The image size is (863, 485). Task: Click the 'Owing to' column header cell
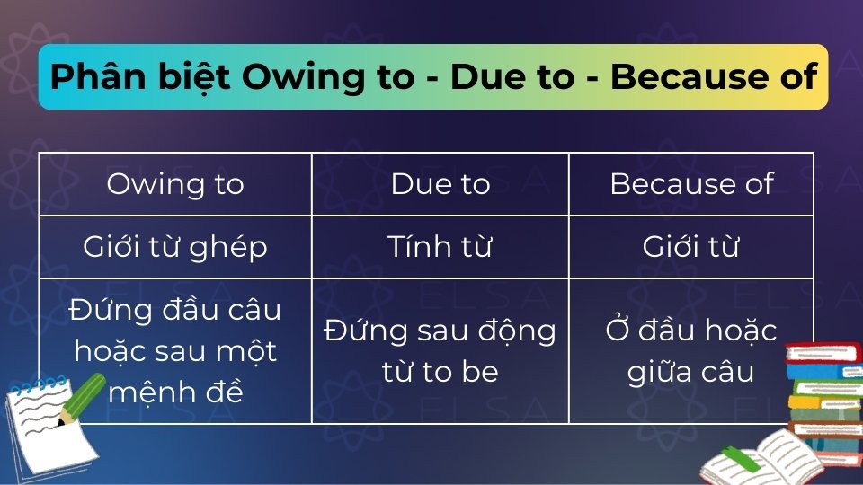175,184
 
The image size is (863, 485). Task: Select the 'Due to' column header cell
440,184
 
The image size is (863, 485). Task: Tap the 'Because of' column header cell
691,184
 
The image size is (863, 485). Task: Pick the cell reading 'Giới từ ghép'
175,247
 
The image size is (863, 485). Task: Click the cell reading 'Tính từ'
440,247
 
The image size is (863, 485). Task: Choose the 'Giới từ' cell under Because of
691,247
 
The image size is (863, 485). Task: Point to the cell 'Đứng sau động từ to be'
440,350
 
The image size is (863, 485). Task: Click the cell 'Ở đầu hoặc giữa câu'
691,350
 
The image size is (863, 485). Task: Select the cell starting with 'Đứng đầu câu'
175,350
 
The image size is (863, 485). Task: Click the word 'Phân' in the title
88,77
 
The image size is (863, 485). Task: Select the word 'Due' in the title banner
486,77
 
